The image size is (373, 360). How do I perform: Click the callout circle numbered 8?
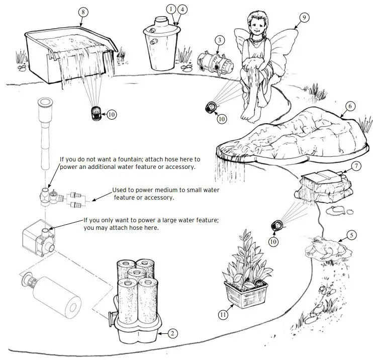(x=83, y=12)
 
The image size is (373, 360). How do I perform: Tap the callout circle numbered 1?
(x=171, y=9)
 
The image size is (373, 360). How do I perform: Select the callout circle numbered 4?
(x=182, y=9)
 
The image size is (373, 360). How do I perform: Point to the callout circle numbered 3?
(x=219, y=40)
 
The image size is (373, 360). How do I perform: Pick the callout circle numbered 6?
(x=351, y=106)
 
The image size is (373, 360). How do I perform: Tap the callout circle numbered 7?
(x=356, y=165)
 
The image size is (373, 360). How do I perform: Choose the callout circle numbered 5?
(x=352, y=234)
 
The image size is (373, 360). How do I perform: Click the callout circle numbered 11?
(x=223, y=315)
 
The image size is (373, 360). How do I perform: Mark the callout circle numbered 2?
(x=172, y=333)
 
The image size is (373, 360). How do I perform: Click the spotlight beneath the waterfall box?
(x=96, y=113)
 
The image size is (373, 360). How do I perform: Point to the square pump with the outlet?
(x=37, y=238)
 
